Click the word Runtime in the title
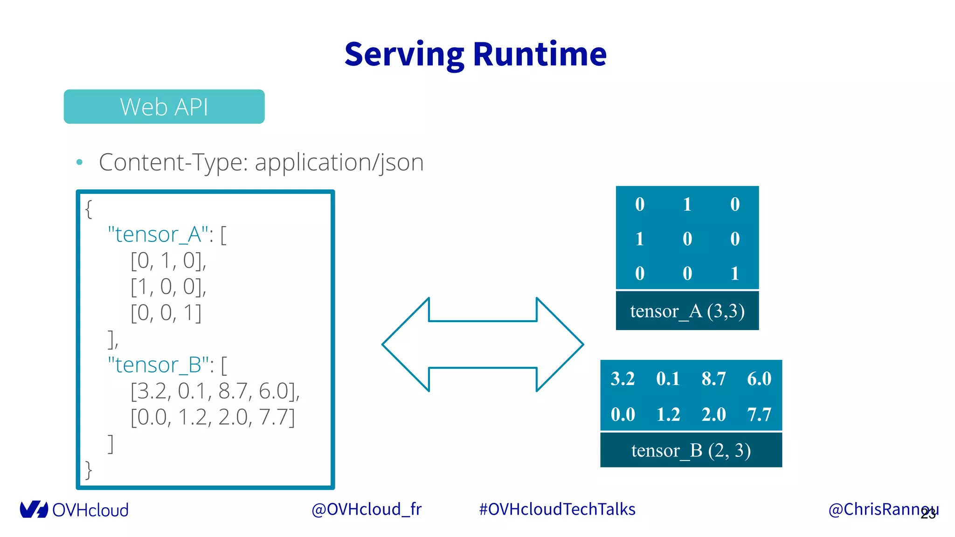[540, 55]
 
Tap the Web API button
[164, 107]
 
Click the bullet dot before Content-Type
[79, 162]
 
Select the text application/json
[339, 163]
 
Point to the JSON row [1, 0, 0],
[168, 287]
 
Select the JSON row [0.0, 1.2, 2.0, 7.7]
[213, 417]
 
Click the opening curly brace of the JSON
[89, 209]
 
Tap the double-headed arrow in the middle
[483, 344]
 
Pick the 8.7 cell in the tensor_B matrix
[713, 379]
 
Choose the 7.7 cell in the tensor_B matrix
[759, 414]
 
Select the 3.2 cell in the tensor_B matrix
[623, 379]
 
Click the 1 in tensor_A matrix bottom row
[734, 273]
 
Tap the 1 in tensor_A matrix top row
[687, 204]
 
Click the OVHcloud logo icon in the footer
[34, 509]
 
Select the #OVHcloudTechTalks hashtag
[557, 509]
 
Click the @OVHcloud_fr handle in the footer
[366, 509]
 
